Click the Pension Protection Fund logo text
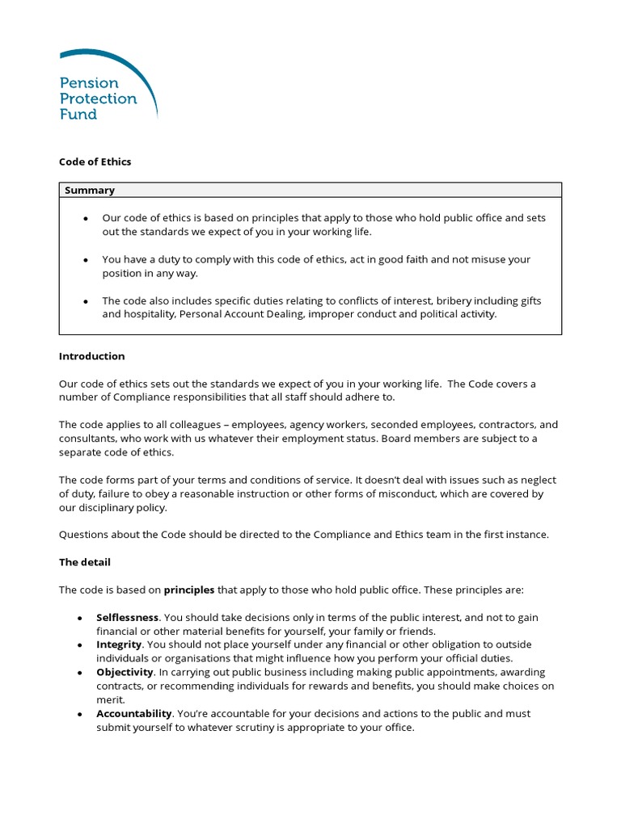click(x=97, y=99)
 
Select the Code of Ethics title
click(x=95, y=162)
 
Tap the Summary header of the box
click(x=89, y=191)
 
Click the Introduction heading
click(x=91, y=356)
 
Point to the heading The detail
click(x=84, y=562)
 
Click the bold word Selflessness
click(x=127, y=618)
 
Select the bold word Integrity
click(x=119, y=645)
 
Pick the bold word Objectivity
click(x=125, y=673)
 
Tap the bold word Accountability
click(x=133, y=714)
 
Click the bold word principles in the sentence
click(x=189, y=590)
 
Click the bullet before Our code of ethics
click(x=85, y=219)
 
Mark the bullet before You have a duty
click(x=85, y=260)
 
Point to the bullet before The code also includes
click(x=85, y=301)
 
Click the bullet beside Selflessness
click(x=79, y=618)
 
